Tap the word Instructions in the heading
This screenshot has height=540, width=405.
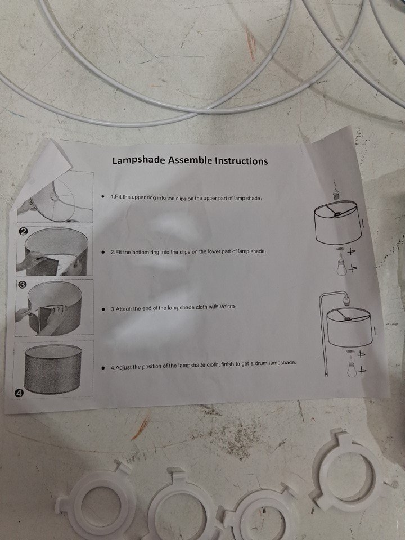point(241,161)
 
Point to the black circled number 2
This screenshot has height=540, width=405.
point(22,231)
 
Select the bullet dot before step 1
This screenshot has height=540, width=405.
point(103,197)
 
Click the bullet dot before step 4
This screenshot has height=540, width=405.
point(102,367)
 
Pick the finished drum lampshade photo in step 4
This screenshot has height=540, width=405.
point(53,369)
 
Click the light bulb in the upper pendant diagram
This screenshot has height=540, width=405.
point(342,267)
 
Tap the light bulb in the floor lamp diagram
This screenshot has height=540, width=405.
point(352,368)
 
